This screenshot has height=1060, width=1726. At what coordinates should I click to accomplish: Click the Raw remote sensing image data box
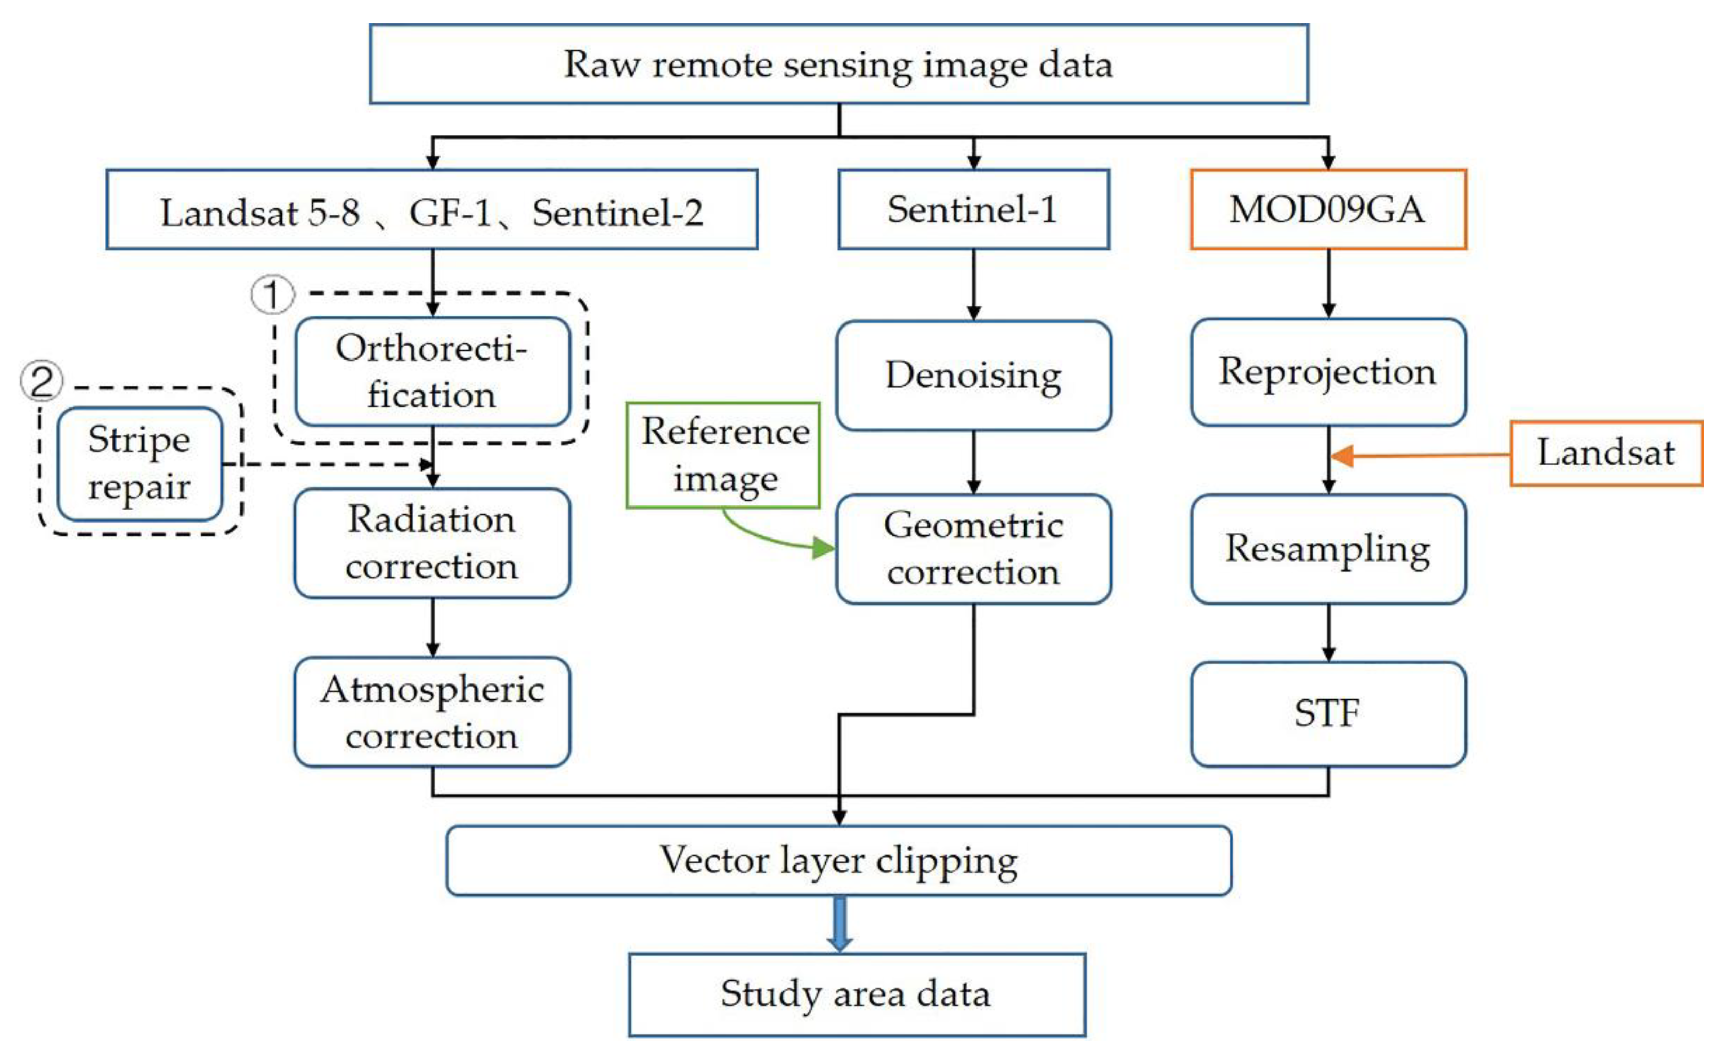(x=838, y=64)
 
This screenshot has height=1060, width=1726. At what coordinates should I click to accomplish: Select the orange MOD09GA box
(x=1328, y=209)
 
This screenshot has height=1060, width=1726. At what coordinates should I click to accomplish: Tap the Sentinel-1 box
(x=973, y=209)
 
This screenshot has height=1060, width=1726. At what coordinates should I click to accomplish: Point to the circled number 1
(x=272, y=295)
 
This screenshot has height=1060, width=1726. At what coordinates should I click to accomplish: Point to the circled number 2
(x=41, y=381)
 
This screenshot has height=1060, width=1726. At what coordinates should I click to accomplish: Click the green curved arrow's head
(x=823, y=547)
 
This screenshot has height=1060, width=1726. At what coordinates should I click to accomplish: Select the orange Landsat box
(x=1606, y=453)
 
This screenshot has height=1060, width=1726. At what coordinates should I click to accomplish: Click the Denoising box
(x=973, y=375)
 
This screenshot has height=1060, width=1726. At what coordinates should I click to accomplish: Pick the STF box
(x=1328, y=714)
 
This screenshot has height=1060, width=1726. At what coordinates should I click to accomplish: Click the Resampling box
(x=1328, y=548)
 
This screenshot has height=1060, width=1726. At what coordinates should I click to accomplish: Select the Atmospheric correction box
(x=432, y=712)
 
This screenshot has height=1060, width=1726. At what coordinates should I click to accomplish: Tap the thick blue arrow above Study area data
(x=839, y=924)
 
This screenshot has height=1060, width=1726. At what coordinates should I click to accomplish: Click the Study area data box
(x=857, y=994)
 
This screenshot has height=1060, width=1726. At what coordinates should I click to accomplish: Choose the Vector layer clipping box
(x=838, y=860)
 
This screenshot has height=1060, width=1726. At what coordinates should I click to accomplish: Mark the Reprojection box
(x=1328, y=371)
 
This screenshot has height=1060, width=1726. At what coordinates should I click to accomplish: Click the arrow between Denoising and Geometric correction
(x=973, y=463)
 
